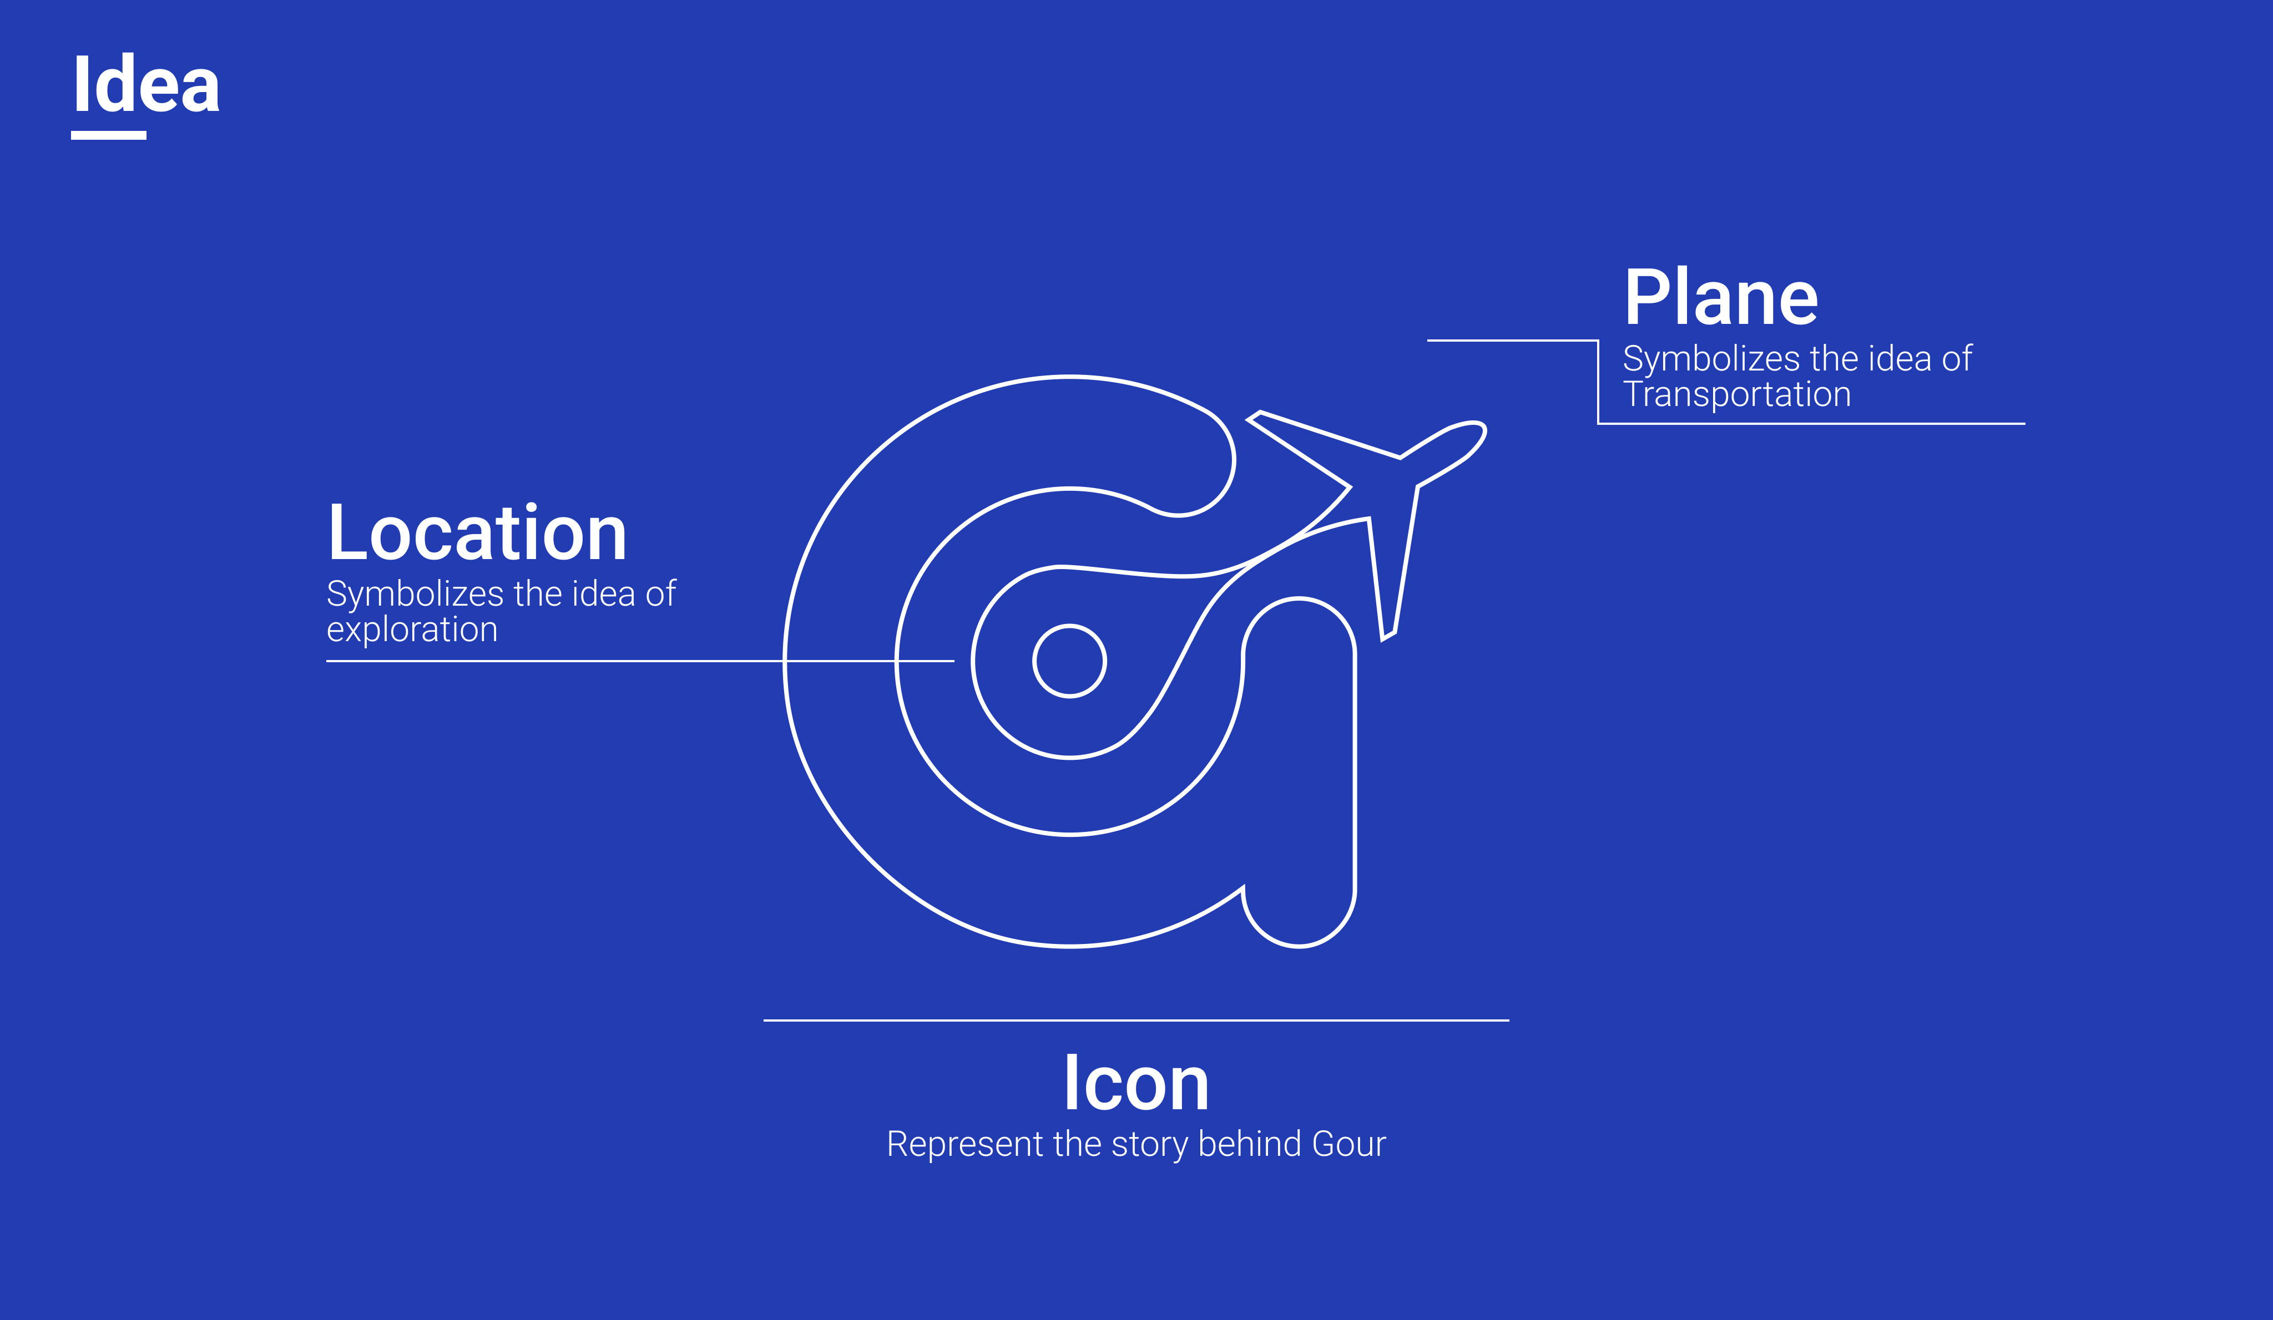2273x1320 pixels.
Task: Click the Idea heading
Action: pos(146,85)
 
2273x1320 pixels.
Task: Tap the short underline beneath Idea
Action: pos(108,135)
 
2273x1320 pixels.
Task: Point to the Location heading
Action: pos(476,533)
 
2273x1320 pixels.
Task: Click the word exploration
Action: pos(411,630)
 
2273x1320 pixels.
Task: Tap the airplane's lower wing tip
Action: pos(1388,636)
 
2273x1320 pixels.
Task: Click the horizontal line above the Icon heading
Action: pos(1135,1020)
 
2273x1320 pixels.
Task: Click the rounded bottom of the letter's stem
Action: pos(1299,938)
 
